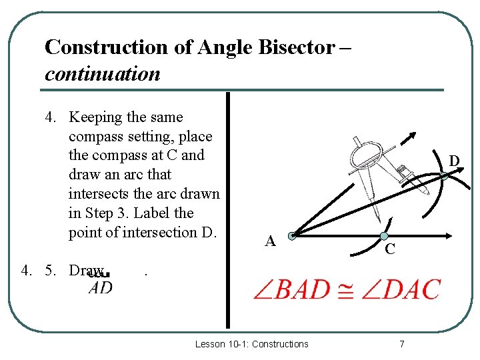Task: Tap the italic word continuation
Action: [103, 73]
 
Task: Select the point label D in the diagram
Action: [453, 161]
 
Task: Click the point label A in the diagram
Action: [269, 241]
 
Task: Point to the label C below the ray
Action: [391, 250]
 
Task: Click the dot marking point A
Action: [292, 235]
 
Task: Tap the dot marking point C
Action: [384, 235]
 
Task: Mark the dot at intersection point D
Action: [444, 176]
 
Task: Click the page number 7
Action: [401, 344]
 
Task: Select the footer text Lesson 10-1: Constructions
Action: [251, 344]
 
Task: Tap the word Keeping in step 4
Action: [96, 117]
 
